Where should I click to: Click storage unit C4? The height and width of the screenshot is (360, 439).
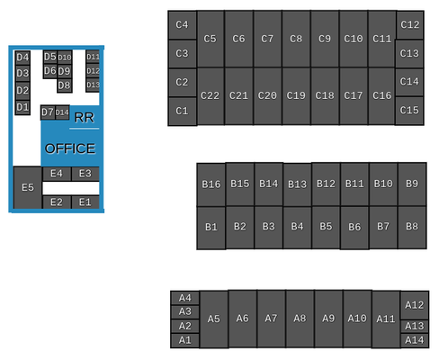click(182, 25)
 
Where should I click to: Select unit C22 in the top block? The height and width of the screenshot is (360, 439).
click(211, 96)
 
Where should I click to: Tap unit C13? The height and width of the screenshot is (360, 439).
click(409, 53)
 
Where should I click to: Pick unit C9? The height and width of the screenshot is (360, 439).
click(325, 39)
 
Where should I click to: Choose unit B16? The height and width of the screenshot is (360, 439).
click(211, 184)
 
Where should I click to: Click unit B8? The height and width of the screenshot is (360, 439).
click(412, 227)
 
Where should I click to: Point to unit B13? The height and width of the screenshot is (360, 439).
click(297, 184)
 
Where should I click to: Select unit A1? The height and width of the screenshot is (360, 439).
click(184, 340)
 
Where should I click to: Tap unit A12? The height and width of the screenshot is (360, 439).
click(415, 305)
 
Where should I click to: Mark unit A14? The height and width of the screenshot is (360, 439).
click(415, 340)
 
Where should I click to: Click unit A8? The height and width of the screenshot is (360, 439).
click(300, 319)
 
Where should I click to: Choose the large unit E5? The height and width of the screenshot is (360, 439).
click(28, 188)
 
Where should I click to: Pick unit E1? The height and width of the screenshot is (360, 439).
click(85, 202)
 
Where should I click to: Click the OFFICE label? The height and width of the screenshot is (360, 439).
click(70, 148)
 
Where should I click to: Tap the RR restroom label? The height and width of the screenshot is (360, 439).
click(85, 117)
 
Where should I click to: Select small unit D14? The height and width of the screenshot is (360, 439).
click(62, 112)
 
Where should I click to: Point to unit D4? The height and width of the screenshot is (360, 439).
click(22, 58)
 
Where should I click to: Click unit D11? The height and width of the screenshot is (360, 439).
click(93, 57)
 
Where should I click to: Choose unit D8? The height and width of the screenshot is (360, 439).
click(65, 85)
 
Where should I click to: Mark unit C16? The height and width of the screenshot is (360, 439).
click(382, 96)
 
